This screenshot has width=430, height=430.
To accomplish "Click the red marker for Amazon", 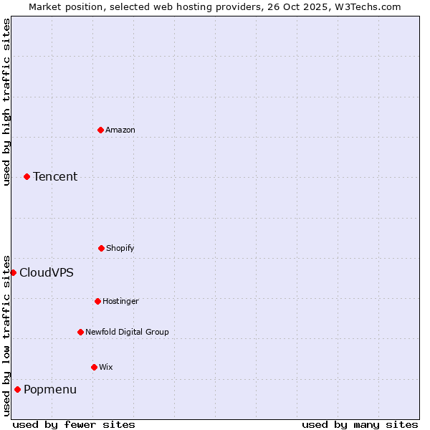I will [100, 130].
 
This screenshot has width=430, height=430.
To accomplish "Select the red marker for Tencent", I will [27, 176].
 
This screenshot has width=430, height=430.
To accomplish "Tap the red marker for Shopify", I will [101, 248].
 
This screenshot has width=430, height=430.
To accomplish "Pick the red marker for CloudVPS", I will [13, 272].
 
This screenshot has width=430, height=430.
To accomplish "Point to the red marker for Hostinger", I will [97, 301].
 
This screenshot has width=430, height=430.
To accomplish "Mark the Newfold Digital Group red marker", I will [80, 332].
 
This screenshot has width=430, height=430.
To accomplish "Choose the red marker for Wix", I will [94, 367].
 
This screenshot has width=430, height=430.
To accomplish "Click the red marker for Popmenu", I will [17, 389].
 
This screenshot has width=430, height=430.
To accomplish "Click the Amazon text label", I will [120, 130].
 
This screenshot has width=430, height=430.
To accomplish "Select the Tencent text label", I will [55, 176].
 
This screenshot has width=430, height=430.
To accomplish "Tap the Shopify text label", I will [120, 248].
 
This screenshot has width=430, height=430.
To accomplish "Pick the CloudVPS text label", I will [47, 272].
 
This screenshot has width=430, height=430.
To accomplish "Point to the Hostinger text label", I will [120, 301].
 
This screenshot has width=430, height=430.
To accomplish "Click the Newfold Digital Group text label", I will [127, 332].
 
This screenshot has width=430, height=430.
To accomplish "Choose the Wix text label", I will [106, 367].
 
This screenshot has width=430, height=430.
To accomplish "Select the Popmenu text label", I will [50, 389].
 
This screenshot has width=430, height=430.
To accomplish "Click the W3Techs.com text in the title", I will [365, 6].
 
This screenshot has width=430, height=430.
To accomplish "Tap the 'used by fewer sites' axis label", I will [74, 424].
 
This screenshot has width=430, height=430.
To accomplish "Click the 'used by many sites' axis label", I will [360, 424].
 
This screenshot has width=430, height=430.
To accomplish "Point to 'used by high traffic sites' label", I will [6, 102].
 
